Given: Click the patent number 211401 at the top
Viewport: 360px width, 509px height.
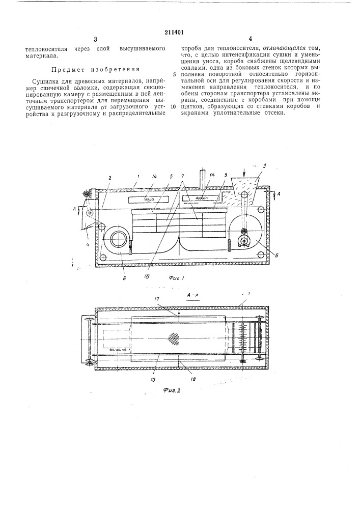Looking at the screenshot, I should pos(179,31).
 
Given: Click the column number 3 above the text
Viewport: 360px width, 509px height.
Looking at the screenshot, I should pos(95,39).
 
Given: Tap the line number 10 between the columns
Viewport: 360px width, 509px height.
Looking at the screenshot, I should pos(174,106).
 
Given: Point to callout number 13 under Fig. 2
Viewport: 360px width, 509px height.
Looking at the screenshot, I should pos(154,378).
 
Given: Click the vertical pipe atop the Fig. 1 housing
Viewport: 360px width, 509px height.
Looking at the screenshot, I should pos(203,178).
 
